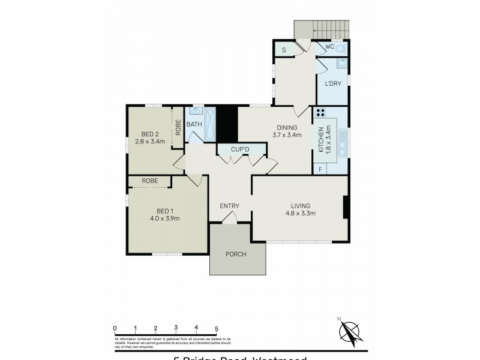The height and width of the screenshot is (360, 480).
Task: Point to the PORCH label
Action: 236,254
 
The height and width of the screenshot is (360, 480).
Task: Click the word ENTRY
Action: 229,206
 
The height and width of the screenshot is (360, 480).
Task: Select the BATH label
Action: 194,124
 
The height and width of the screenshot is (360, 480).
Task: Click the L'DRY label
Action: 333,84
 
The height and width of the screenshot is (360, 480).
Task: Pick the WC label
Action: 329,46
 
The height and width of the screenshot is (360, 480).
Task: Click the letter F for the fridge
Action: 320,170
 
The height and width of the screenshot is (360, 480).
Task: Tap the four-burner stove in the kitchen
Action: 320,112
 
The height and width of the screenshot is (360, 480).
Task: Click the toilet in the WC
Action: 341,48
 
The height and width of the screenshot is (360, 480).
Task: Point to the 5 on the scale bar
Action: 217,328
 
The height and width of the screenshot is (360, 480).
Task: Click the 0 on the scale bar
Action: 114,328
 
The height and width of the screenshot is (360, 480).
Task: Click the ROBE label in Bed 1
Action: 150,181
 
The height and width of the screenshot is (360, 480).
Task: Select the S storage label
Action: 284,50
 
